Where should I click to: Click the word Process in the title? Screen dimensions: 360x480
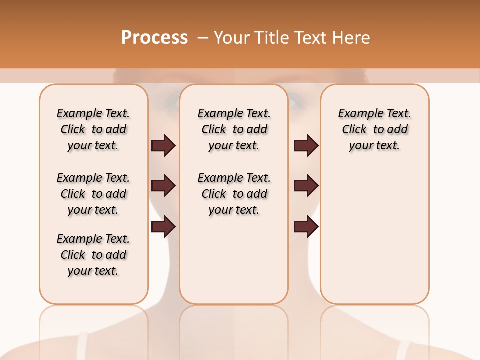(x=154, y=37)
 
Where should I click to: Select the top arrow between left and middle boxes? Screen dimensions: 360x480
(x=163, y=145)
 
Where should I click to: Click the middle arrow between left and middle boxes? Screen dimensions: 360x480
(x=163, y=186)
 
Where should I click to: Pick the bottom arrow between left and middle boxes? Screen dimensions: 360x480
(x=163, y=226)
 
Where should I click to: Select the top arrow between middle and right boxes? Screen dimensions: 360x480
(x=306, y=145)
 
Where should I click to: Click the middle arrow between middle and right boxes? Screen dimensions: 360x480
(x=306, y=186)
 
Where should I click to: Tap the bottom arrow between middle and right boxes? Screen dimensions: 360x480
(x=306, y=226)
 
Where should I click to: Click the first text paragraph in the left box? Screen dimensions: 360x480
(x=93, y=129)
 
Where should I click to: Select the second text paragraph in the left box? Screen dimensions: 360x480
(x=93, y=194)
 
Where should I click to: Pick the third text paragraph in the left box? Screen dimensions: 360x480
(x=93, y=255)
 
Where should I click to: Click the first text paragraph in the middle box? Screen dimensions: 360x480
(x=234, y=129)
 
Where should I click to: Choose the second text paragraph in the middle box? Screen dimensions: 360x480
(x=234, y=194)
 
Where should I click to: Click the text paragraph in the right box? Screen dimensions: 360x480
(x=375, y=129)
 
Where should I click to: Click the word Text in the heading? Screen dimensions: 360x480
(x=308, y=38)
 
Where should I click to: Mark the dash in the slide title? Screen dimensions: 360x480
(x=203, y=38)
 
